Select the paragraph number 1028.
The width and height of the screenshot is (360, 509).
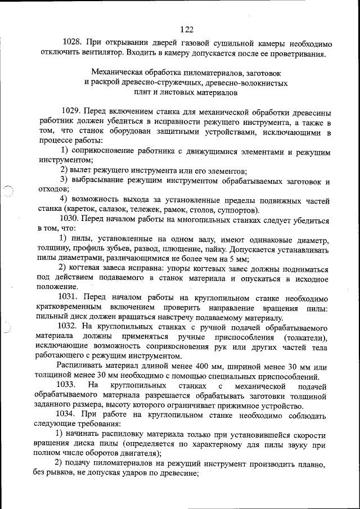(x=74, y=43)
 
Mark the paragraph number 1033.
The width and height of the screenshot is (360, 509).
(x=67, y=386)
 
